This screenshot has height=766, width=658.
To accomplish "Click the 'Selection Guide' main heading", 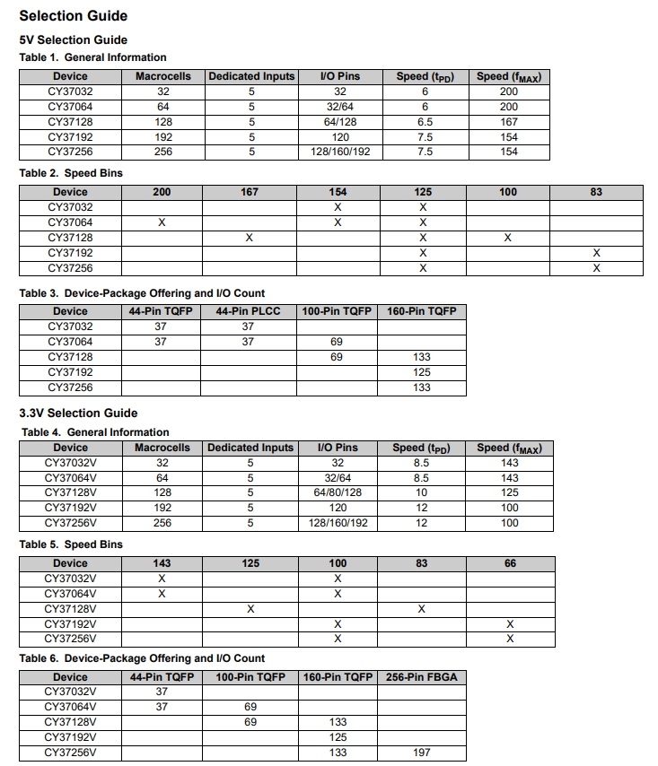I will tap(73, 15).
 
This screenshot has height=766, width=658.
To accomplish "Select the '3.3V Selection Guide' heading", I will tap(78, 413).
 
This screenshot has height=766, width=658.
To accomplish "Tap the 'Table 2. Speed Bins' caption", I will tap(71, 172).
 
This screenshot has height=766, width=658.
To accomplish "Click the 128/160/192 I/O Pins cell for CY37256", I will tap(340, 152).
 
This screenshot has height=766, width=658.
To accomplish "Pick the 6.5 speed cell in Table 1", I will tap(425, 121).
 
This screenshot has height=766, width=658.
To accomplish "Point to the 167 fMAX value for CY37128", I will tap(509, 121).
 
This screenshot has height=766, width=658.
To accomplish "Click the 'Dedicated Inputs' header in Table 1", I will tap(251, 76).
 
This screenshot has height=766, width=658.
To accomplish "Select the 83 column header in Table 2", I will tap(596, 192).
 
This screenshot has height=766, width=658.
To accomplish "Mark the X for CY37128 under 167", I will tap(250, 238).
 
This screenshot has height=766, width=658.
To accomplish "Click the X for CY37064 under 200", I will tap(162, 222).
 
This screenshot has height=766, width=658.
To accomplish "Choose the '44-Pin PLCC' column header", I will tap(248, 311).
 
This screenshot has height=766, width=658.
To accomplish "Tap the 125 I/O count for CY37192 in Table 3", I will tap(422, 372).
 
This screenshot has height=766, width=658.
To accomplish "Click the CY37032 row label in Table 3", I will tap(70, 326).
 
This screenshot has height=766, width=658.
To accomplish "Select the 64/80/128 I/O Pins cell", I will tap(338, 492).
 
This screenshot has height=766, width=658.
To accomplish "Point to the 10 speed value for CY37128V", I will tap(421, 492).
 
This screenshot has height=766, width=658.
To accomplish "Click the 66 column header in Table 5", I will tap(510, 563).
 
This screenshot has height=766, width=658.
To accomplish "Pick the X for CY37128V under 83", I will tap(421, 609).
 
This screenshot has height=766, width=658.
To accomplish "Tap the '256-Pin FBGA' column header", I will tap(422, 676).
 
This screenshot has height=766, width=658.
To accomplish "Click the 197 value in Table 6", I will tap(422, 753).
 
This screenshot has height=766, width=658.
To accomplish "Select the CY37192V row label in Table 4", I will tap(70, 508).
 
